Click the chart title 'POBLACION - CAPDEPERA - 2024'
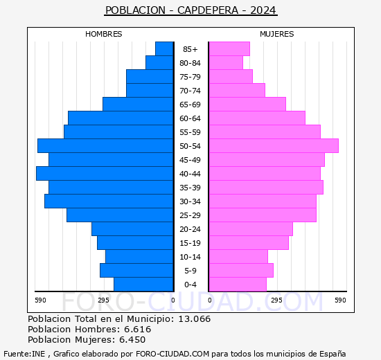[190, 10]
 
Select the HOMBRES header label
[103, 34]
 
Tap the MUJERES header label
[276, 34]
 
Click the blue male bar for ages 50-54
[105, 145]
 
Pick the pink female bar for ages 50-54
[274, 145]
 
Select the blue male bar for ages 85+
[164, 48]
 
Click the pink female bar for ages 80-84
[226, 62]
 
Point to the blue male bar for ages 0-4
[143, 284]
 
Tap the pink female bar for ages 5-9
[241, 270]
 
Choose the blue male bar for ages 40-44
[105, 173]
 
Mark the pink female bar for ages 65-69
[247, 104]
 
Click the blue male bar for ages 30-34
[109, 201]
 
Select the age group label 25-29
[190, 215]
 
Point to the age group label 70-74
[190, 91]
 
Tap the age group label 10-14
[190, 257]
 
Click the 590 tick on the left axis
[40, 300]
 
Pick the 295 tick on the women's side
[276, 300]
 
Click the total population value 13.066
[194, 319]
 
